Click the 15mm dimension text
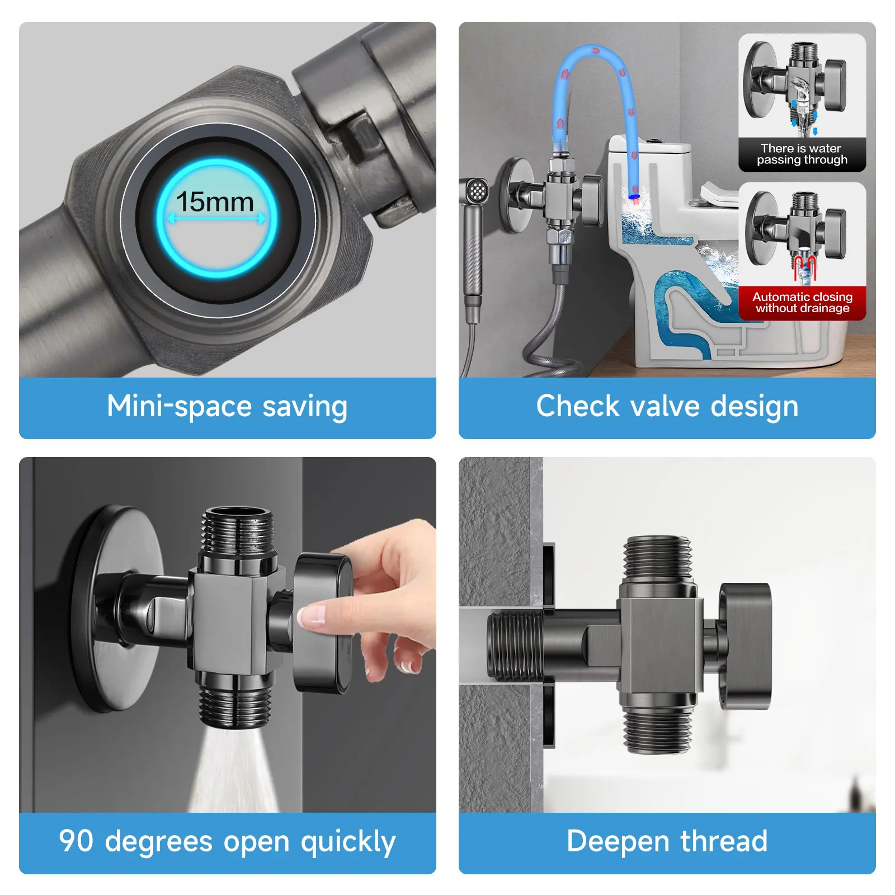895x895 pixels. [215, 202]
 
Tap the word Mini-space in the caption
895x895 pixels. [179, 407]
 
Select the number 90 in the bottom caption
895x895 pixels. [76, 841]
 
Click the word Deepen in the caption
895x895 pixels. [618, 842]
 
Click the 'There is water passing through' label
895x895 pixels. [802, 154]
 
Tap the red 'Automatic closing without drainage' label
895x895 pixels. [802, 303]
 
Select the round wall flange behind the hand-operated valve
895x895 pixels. [112, 610]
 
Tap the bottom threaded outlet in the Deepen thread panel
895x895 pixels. [658, 727]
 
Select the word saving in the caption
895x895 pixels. [305, 407]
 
